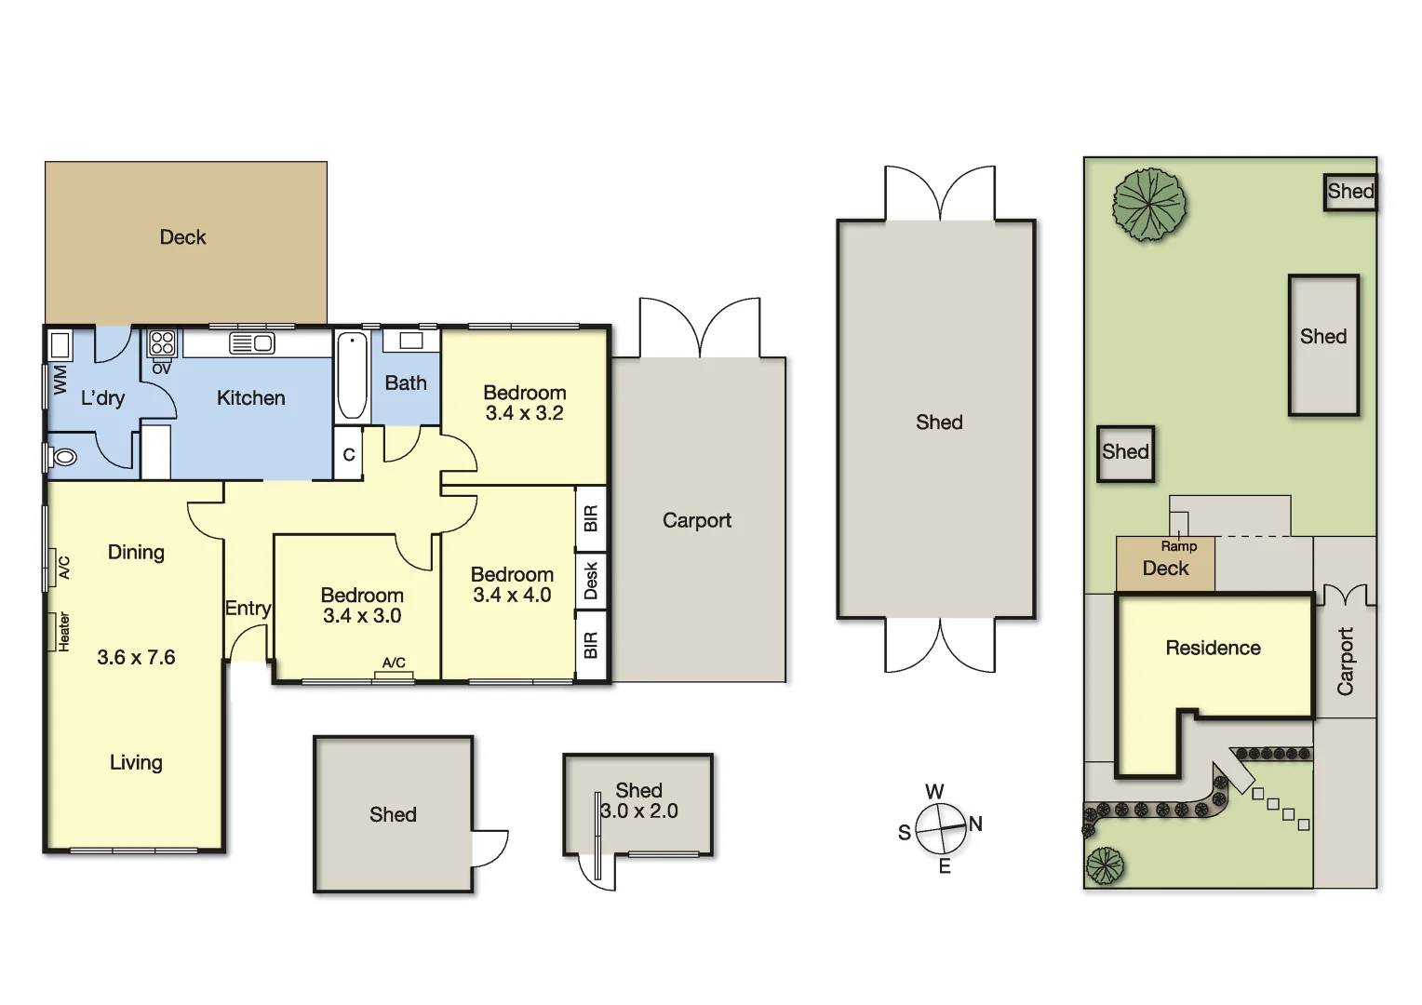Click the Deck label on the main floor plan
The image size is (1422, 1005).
coord(182,237)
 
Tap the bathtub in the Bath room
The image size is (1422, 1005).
coord(352,376)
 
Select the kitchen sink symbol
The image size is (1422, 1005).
coord(251,343)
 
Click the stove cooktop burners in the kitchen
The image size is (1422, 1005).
coord(162,342)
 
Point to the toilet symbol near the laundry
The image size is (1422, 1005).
coord(63,457)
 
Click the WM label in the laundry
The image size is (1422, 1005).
coord(60,379)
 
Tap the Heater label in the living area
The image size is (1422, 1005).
coord(63,631)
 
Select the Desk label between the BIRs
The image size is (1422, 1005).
coord(591,581)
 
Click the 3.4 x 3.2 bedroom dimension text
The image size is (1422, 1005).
coord(524,413)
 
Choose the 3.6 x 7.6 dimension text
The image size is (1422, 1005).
coord(136,657)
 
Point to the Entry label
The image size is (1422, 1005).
coord(248,608)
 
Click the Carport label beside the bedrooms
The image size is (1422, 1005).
coord(696,520)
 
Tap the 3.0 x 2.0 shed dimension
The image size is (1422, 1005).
coord(639,811)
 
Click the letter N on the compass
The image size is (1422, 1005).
coord(975,824)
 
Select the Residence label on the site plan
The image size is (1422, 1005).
coord(1213,648)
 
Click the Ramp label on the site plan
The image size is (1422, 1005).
coord(1178,546)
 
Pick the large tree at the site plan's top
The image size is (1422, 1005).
coord(1149,204)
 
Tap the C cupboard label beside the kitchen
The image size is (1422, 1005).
coord(349,455)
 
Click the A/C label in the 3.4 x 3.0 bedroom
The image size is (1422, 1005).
coord(394,663)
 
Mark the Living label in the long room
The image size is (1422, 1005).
coord(136,762)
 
